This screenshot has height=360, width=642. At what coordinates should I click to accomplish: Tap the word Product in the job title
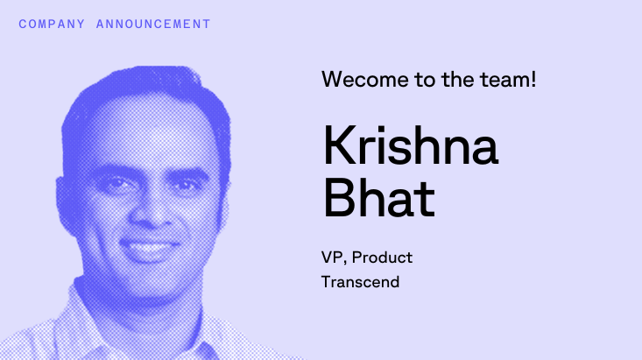[381, 258]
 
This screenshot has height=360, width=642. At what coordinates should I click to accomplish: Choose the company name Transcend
[361, 282]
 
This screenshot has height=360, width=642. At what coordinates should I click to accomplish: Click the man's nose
[157, 206]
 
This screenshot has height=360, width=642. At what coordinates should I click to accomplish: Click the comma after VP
[345, 264]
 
